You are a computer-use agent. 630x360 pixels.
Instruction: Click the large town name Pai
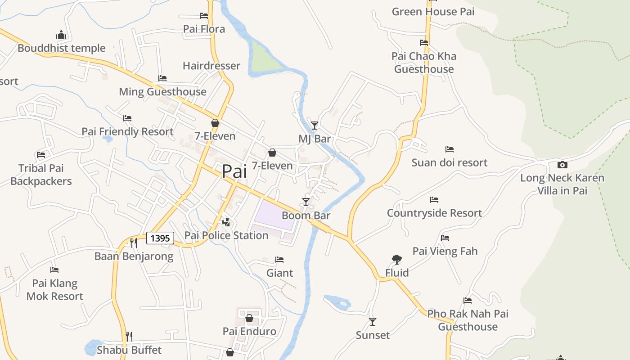click(234, 171)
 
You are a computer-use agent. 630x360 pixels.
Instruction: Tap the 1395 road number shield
click(160, 238)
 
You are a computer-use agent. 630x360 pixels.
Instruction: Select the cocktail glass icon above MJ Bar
click(315, 125)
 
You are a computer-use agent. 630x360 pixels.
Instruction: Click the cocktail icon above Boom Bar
click(306, 202)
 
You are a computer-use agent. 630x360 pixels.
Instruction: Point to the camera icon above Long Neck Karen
click(562, 165)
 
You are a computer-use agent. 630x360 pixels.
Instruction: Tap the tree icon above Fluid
click(396, 259)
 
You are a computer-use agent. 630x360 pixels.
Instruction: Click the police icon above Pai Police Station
click(226, 222)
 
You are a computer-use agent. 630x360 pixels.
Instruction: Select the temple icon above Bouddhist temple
click(61, 35)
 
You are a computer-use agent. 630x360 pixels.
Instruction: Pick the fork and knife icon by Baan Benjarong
click(133, 243)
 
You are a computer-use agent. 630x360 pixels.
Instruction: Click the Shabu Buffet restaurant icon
click(129, 336)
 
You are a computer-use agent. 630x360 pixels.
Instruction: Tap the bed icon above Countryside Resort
click(434, 199)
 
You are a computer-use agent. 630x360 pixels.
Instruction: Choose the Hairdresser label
click(211, 66)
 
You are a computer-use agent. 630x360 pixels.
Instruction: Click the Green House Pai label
click(433, 12)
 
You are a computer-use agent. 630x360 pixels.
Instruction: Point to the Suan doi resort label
click(449, 162)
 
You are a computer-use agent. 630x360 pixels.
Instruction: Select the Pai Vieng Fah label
click(445, 251)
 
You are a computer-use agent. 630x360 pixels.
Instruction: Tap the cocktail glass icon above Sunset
click(373, 321)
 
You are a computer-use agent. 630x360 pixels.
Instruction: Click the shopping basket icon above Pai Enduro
click(249, 318)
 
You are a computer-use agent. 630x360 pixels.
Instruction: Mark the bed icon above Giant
click(279, 260)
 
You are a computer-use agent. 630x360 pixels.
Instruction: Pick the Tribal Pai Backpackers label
click(41, 175)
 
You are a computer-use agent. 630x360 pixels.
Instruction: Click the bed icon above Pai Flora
click(204, 16)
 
